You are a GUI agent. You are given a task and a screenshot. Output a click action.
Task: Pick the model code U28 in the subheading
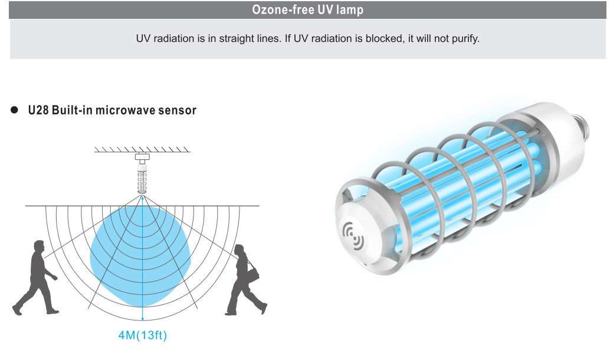coord(38,110)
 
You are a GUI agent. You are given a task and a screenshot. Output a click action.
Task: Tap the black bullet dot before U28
coord(14,110)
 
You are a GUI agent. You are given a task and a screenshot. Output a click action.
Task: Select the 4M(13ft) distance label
coord(142,335)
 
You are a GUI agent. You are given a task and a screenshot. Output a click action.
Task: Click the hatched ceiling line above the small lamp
coord(142,150)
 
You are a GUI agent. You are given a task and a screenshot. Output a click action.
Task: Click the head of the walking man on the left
coord(39,246)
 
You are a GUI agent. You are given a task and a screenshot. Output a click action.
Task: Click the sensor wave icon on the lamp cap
coord(353,235)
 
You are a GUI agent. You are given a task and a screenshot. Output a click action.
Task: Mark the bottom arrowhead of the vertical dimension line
coord(143,318)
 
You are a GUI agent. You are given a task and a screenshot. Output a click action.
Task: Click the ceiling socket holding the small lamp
coord(142,159)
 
